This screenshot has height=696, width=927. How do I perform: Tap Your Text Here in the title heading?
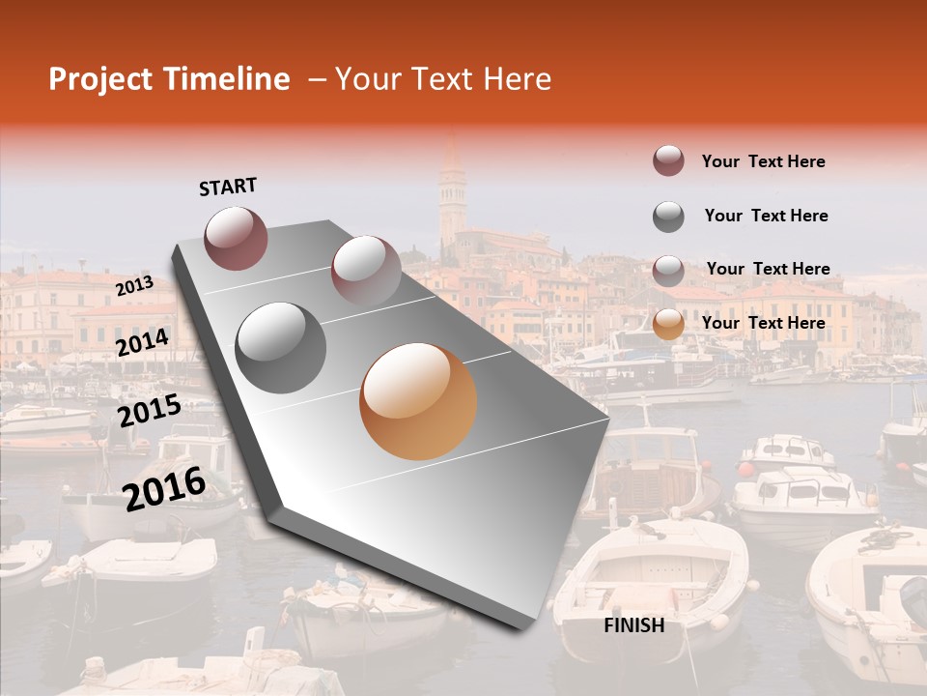pos(443,79)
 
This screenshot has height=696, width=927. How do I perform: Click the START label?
pos(228,187)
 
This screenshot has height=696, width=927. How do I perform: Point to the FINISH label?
pos(633,625)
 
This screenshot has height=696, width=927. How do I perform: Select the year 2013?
pos(134,285)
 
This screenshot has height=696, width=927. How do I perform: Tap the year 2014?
pos(142,343)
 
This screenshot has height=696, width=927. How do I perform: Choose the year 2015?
pos(149,412)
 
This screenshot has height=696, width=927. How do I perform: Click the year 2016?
pos(163,488)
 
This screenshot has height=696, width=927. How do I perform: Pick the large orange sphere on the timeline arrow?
pos(418,401)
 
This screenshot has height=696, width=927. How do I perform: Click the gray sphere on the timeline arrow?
pos(281,347)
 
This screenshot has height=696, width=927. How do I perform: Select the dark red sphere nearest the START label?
pos(236,238)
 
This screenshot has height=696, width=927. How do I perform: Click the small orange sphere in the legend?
pos(668,324)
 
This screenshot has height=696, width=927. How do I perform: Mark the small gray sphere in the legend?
pos(668,217)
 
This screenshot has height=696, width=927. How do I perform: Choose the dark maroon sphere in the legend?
pos(668,161)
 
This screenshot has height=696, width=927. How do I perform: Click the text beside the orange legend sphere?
pos(763,323)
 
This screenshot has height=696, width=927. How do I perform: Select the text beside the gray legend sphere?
pos(766,216)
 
